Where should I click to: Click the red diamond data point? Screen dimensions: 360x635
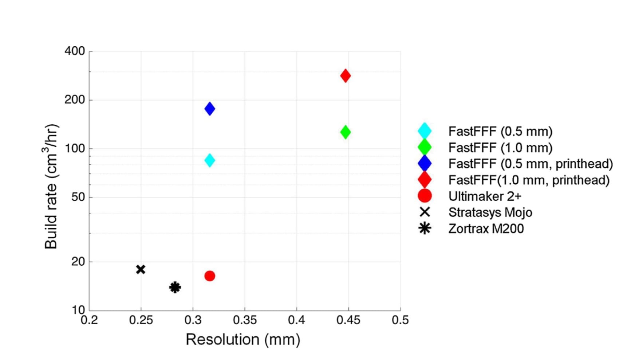345,76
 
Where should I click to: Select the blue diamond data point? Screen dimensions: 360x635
210,109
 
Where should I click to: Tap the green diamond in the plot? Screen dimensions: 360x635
345,132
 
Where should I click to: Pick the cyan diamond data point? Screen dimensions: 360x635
210,160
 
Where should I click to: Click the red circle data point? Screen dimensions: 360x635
210,276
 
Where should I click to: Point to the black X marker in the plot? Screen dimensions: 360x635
141,269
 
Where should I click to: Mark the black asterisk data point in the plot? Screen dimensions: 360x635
175,287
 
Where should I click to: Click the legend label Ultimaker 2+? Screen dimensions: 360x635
485,196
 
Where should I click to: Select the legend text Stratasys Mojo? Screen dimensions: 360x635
490,212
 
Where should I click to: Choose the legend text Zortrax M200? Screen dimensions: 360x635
486,229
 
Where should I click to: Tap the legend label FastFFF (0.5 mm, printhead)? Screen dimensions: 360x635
531,164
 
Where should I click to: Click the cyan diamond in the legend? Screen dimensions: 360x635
425,131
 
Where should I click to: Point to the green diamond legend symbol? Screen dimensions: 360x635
425,148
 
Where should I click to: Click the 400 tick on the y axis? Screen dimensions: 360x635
75,51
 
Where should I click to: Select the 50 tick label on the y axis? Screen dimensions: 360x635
78,197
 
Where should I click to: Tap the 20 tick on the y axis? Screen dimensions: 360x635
78,262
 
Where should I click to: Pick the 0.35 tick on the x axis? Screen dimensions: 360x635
245,320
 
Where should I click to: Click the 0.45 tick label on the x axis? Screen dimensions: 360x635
348,320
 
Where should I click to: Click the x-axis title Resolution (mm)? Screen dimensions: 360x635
243,340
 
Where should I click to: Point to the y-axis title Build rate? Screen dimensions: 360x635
51,187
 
